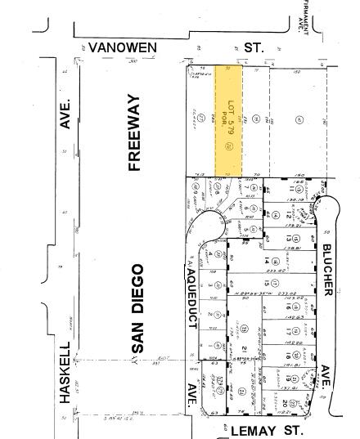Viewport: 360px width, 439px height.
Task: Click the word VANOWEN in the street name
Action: (122, 48)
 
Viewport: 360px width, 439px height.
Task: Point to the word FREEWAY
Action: (134, 132)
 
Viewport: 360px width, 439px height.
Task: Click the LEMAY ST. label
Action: (256, 429)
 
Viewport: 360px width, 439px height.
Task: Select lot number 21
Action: (243, 347)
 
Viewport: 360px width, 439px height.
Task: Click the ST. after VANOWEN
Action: (254, 48)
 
